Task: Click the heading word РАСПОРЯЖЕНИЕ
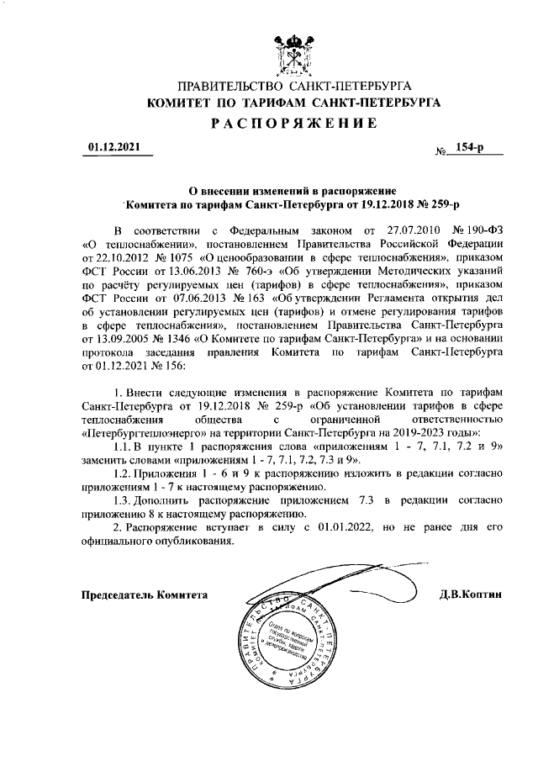[293, 124]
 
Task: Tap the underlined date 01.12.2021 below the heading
[116, 147]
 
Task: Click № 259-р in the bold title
[440, 204]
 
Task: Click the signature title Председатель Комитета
[143, 595]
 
